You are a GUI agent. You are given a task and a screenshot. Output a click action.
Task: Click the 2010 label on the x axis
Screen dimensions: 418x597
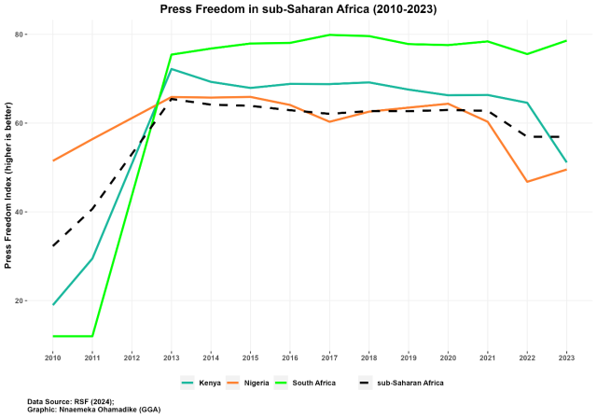[x=53, y=357]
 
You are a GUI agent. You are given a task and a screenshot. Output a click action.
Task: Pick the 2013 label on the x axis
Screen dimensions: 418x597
[x=172, y=357]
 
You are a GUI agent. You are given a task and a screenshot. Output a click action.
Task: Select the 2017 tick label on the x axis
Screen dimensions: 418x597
[x=329, y=357]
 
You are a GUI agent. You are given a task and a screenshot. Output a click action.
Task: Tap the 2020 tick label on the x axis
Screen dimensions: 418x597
[x=448, y=357]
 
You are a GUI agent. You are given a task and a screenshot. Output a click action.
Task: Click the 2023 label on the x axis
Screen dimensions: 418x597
[x=566, y=357]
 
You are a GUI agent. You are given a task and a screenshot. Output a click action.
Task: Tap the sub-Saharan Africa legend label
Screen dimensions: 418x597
[x=410, y=383]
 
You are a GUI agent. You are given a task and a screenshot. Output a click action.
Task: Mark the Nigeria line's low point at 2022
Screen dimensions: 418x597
[x=527, y=182]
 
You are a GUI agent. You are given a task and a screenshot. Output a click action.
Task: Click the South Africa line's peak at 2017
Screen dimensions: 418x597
[x=329, y=35]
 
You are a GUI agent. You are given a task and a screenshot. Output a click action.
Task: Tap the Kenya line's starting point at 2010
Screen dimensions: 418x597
[x=53, y=304]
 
